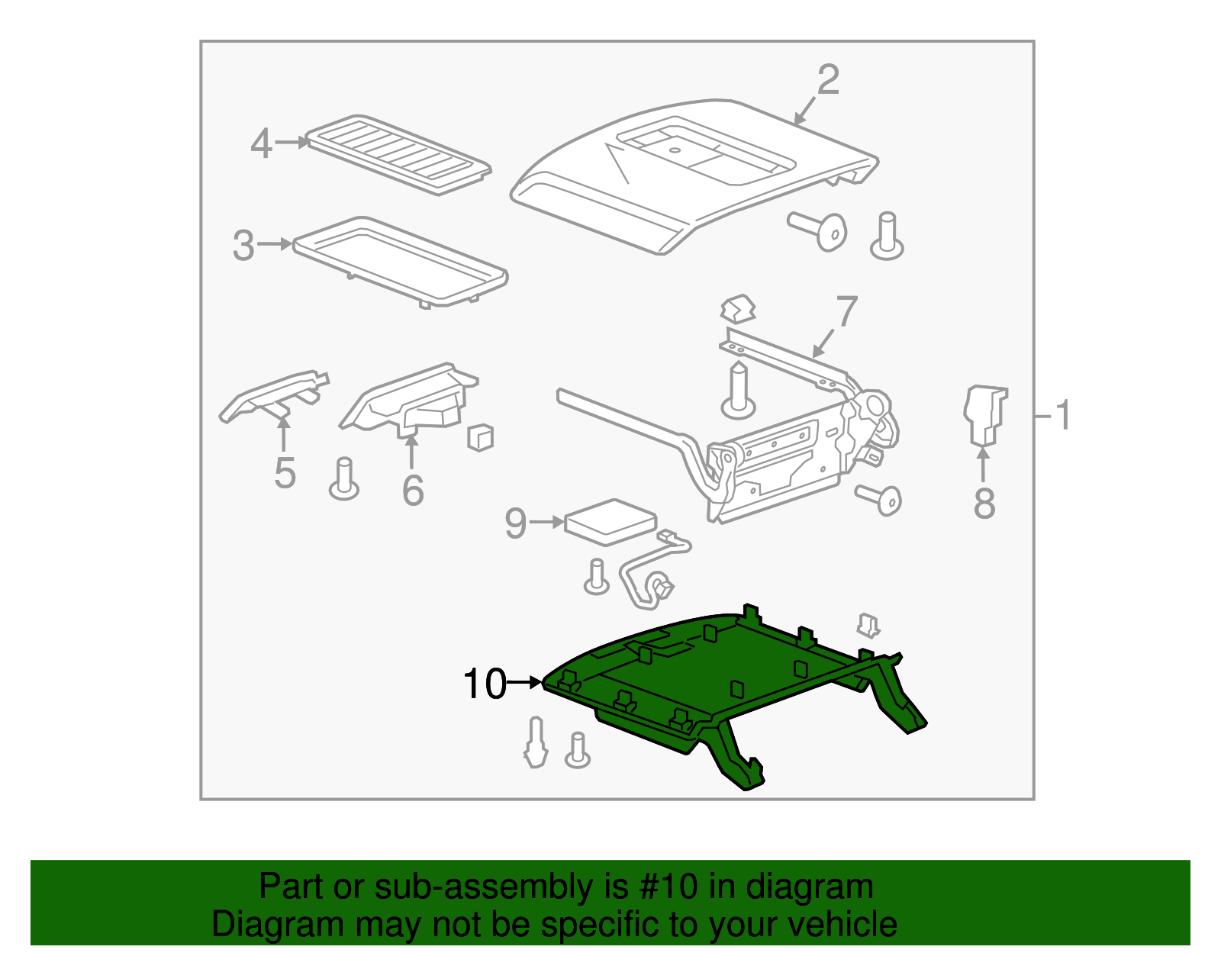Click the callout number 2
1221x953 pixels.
click(828, 80)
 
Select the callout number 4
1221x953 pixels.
click(261, 143)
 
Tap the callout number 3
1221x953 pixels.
click(243, 246)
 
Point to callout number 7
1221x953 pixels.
click(846, 311)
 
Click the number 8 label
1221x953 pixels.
click(984, 504)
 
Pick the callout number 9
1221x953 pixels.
click(516, 523)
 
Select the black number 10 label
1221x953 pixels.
click(485, 684)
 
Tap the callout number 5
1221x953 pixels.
click(285, 474)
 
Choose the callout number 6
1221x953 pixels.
click(413, 491)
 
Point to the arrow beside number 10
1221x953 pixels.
click(525, 682)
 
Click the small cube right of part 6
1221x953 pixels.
click(480, 437)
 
